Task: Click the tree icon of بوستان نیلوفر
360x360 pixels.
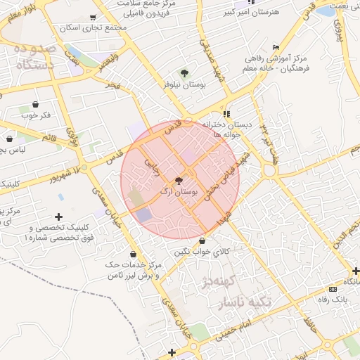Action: (184, 73)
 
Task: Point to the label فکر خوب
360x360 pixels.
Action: (36, 115)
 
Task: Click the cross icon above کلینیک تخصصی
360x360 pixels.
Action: (58, 217)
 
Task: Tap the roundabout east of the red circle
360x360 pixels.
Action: (269, 171)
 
